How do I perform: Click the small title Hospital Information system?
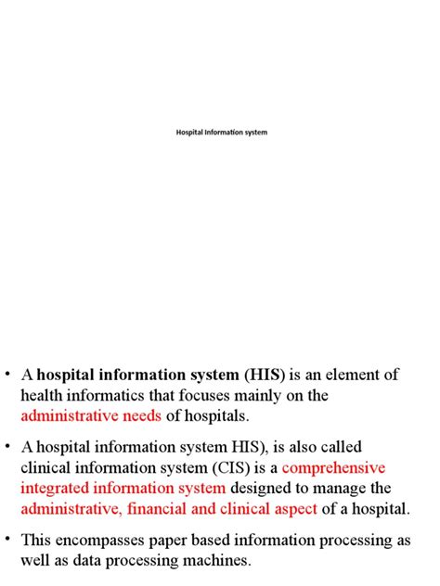coord(221,133)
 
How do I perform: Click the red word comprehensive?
coord(334,467)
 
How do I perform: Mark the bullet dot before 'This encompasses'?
coord(9,539)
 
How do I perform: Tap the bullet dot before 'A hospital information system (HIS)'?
coord(9,374)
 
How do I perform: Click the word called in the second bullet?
coord(338,447)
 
